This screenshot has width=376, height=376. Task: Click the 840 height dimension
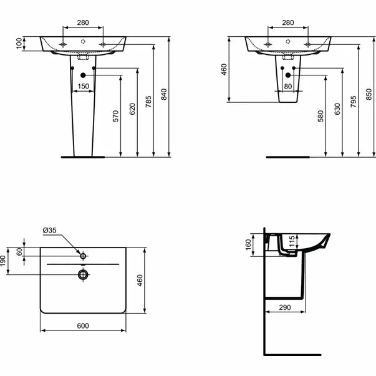pyautogui.click(x=165, y=94)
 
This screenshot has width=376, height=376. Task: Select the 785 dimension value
pyautogui.click(x=148, y=103)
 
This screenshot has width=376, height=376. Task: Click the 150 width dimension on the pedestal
pyautogui.click(x=82, y=86)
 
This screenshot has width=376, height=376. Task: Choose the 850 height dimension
pyautogui.click(x=369, y=94)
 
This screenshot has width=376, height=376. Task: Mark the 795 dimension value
pyautogui.click(x=353, y=103)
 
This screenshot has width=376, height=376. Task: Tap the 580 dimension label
pyautogui.click(x=321, y=117)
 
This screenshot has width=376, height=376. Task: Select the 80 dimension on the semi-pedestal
pyautogui.click(x=287, y=86)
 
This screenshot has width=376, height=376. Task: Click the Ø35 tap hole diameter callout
pyautogui.click(x=50, y=231)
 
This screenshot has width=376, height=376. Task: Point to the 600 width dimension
pyautogui.click(x=82, y=325)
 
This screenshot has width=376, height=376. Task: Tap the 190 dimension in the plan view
pyautogui.click(x=4, y=260)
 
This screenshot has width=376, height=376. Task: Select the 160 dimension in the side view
pyautogui.click(x=248, y=244)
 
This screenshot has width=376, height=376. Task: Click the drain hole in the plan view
pyautogui.click(x=82, y=274)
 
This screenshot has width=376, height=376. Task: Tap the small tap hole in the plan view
pyautogui.click(x=82, y=255)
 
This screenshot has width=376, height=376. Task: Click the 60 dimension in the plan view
pyautogui.click(x=20, y=251)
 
